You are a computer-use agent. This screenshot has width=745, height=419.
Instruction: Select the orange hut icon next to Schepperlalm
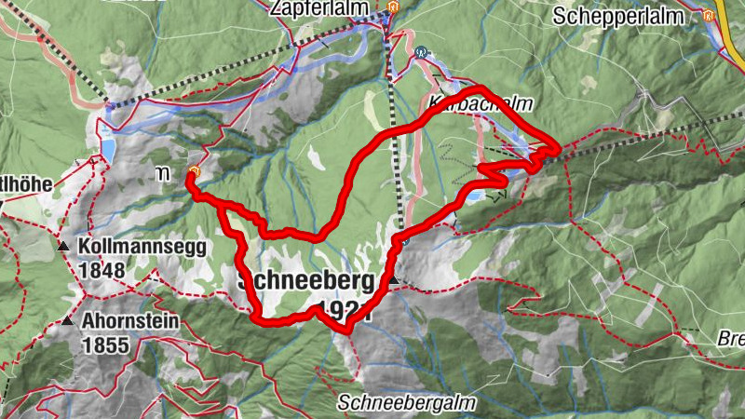point(710,15)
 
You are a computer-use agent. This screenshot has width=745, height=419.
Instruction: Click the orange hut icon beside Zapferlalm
point(392,8)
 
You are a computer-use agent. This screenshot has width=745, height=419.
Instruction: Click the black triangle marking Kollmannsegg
point(63,248)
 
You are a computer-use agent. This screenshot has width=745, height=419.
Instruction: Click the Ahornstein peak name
point(130,322)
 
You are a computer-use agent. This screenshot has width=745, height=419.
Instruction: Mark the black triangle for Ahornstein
point(68,322)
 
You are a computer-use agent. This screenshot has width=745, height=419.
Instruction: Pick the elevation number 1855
point(103,345)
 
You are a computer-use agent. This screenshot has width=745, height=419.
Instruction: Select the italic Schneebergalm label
point(407,403)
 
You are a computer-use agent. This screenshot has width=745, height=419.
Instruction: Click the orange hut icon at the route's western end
point(193,171)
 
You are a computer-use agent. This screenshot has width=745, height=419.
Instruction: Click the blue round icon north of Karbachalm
point(422,52)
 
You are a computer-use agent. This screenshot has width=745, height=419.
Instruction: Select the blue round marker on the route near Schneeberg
point(405,240)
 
